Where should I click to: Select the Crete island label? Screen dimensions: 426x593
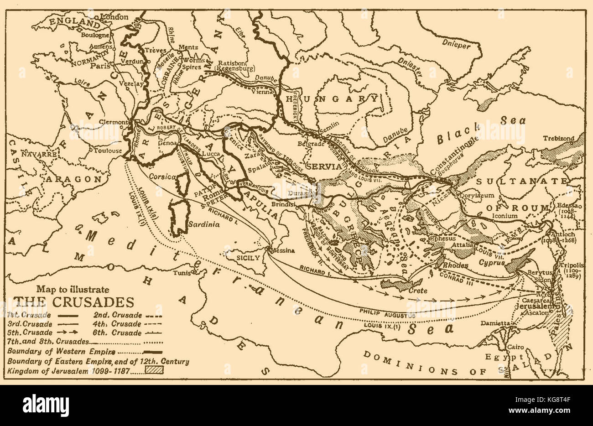pos(417,291)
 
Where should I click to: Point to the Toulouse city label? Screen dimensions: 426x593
pos(108,150)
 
